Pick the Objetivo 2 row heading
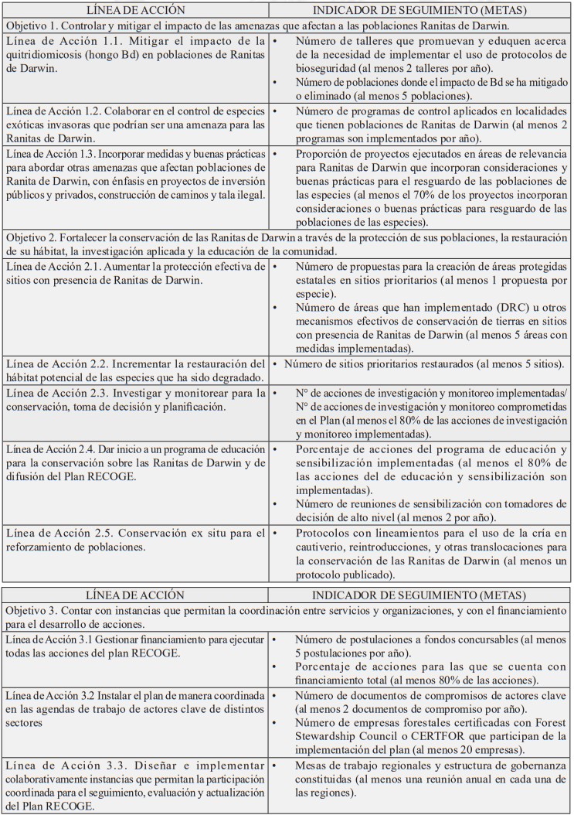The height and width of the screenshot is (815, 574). point(287,245)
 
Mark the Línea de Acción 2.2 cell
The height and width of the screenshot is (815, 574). point(135,370)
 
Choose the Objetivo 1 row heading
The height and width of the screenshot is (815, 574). point(287,23)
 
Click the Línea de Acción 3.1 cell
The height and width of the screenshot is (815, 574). point(135,646)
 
